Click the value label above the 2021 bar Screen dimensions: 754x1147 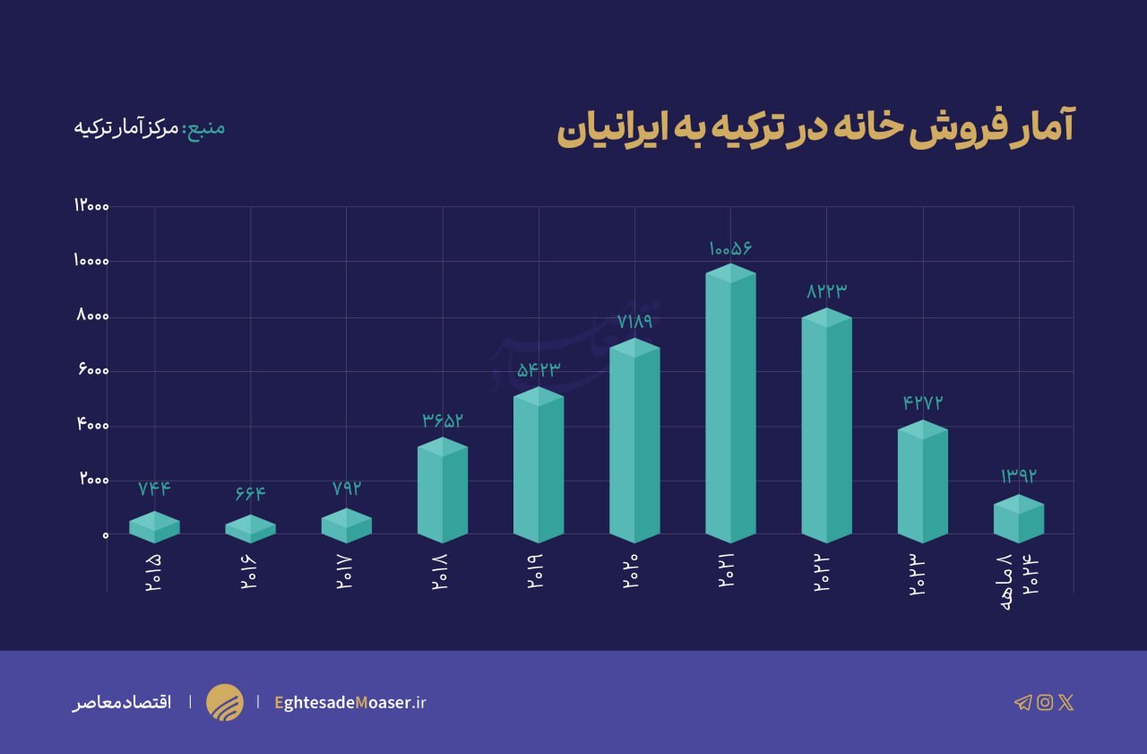pos(730,247)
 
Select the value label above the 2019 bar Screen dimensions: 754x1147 pos(539,369)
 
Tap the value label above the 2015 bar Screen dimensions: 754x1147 pos(154,489)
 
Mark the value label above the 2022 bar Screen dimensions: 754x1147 pos(826,291)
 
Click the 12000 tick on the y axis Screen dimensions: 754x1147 pos(91,206)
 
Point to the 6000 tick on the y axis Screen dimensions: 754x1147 pos(92,371)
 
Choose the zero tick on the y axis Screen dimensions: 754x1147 pos(105,535)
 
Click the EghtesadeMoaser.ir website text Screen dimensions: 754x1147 pos(350,702)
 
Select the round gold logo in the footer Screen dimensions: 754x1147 pos(224,702)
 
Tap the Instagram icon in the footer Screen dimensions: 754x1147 pos(1044,702)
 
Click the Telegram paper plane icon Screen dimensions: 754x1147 pos(1022,702)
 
